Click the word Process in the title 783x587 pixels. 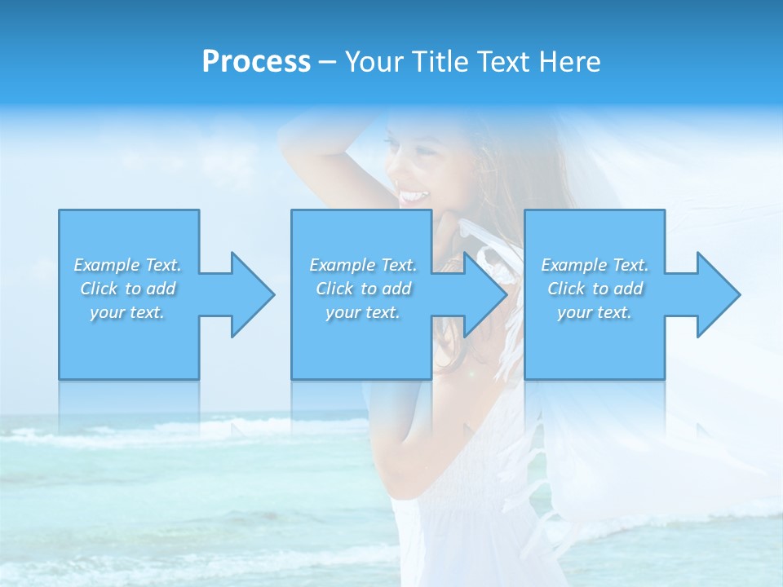coord(256,62)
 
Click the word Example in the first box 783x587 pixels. coord(107,265)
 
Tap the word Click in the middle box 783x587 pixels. coord(334,289)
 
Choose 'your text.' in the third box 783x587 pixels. coord(595,312)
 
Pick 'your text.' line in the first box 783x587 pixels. coord(128,312)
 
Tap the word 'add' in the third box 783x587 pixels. coord(628,289)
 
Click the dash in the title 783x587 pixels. coord(328,62)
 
